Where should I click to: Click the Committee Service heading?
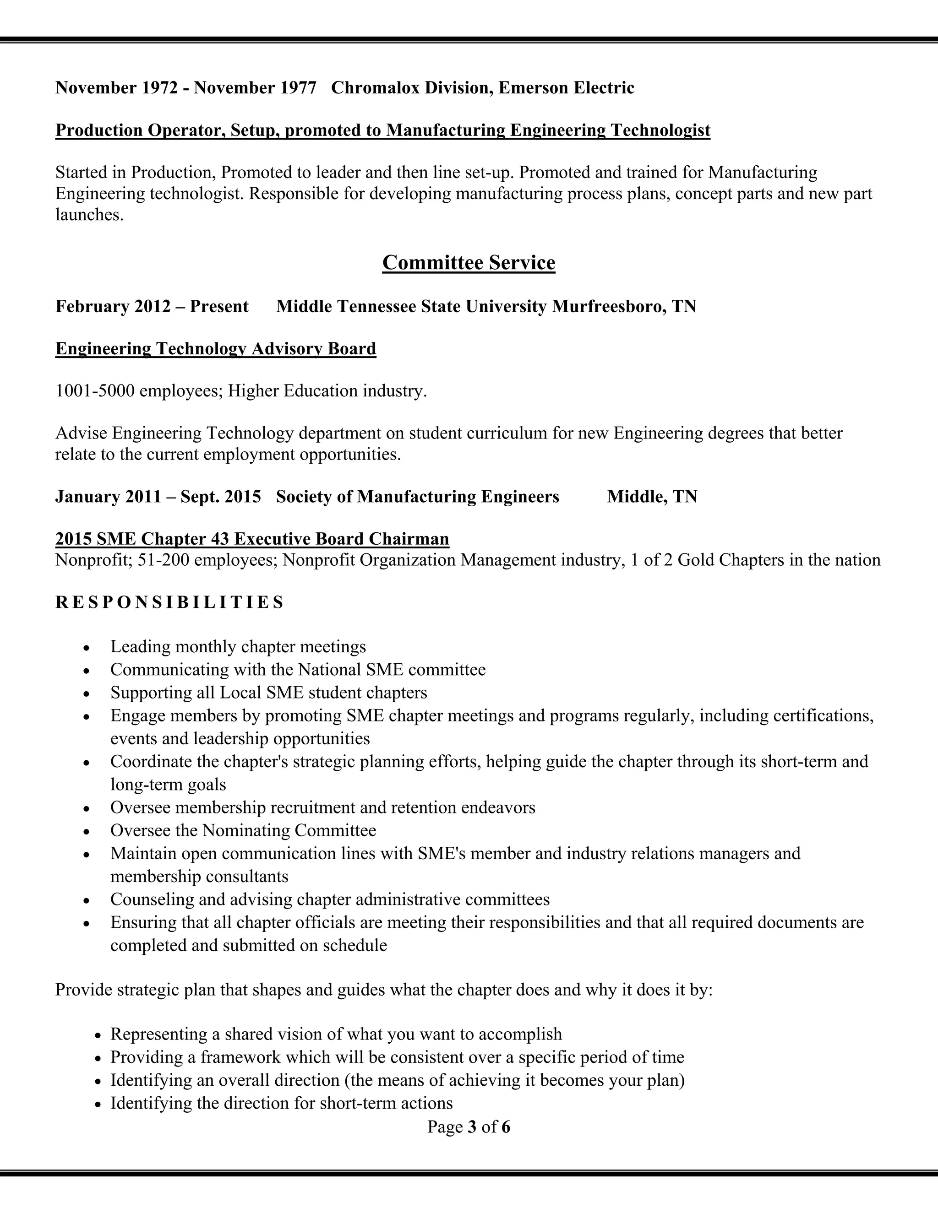tap(469, 263)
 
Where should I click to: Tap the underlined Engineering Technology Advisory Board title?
tap(216, 349)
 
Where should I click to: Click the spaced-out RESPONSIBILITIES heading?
tap(169, 602)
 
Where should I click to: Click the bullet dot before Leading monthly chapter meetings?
tap(86, 648)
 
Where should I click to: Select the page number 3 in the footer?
tap(472, 1127)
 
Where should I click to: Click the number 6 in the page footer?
tap(506, 1127)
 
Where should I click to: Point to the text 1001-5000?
tap(95, 391)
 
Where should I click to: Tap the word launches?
tap(89, 215)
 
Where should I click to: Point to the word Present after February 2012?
tap(219, 307)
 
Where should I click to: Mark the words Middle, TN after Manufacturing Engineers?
tap(652, 497)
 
